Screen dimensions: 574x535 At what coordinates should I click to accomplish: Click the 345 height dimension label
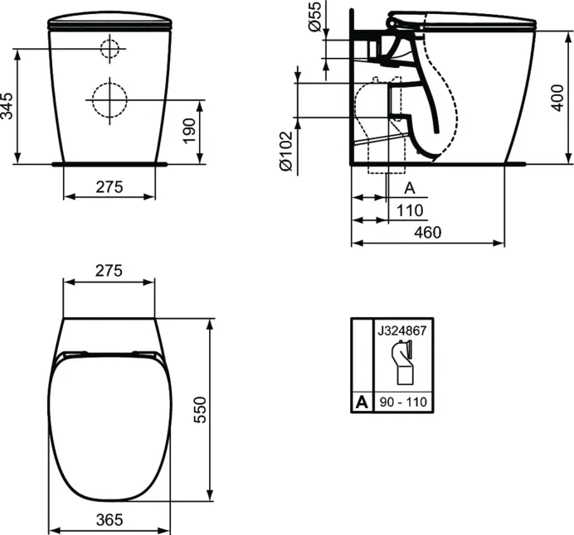[x=7, y=106]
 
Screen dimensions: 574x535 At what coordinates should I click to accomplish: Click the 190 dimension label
[x=190, y=131]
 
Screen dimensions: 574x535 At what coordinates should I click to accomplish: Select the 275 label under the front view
[x=109, y=187]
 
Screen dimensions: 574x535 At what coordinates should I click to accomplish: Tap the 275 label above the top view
[x=109, y=271]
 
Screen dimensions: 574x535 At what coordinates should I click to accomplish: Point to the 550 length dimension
[x=200, y=409]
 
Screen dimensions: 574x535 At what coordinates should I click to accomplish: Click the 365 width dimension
[x=109, y=519]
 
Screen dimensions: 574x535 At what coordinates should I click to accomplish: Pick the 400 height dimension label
[x=557, y=98]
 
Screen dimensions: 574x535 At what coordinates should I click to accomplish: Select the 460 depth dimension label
[x=427, y=232]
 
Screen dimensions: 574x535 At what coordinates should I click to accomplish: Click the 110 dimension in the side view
[x=410, y=210]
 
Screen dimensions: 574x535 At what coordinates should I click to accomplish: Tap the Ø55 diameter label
[x=314, y=16]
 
